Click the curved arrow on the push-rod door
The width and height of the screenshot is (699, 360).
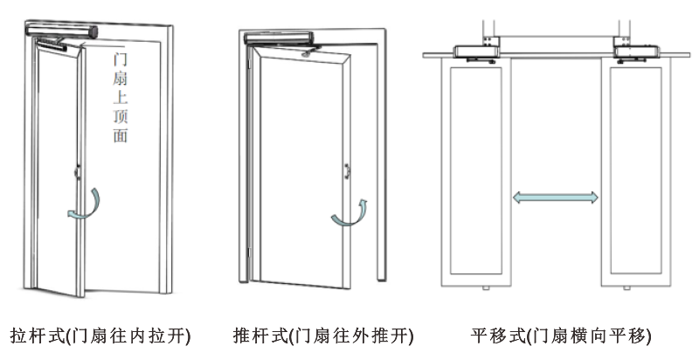point(350,214)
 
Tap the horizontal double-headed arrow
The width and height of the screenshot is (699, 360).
point(556,198)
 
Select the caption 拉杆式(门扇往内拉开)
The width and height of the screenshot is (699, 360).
point(100,336)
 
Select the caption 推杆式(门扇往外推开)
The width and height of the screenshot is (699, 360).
point(323,336)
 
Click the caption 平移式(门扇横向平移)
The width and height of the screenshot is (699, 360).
point(560,336)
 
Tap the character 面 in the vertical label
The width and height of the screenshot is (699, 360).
point(120,136)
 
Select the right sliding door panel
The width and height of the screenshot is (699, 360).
point(637,170)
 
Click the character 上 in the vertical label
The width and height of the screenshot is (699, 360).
point(120,98)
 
